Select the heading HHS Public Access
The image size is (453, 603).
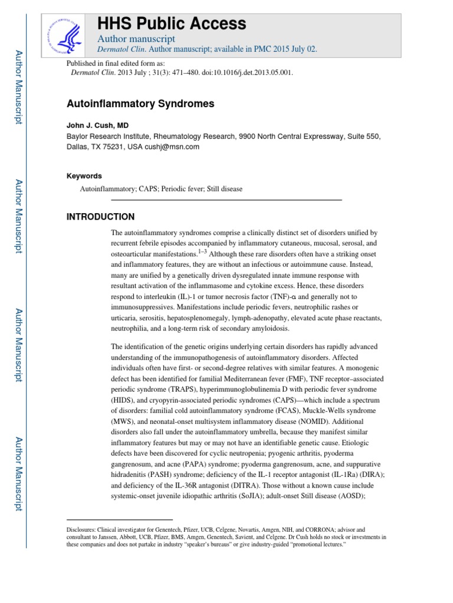[171, 24]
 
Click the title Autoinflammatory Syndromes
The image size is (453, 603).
[140, 104]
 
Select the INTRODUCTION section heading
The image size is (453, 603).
[100, 217]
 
